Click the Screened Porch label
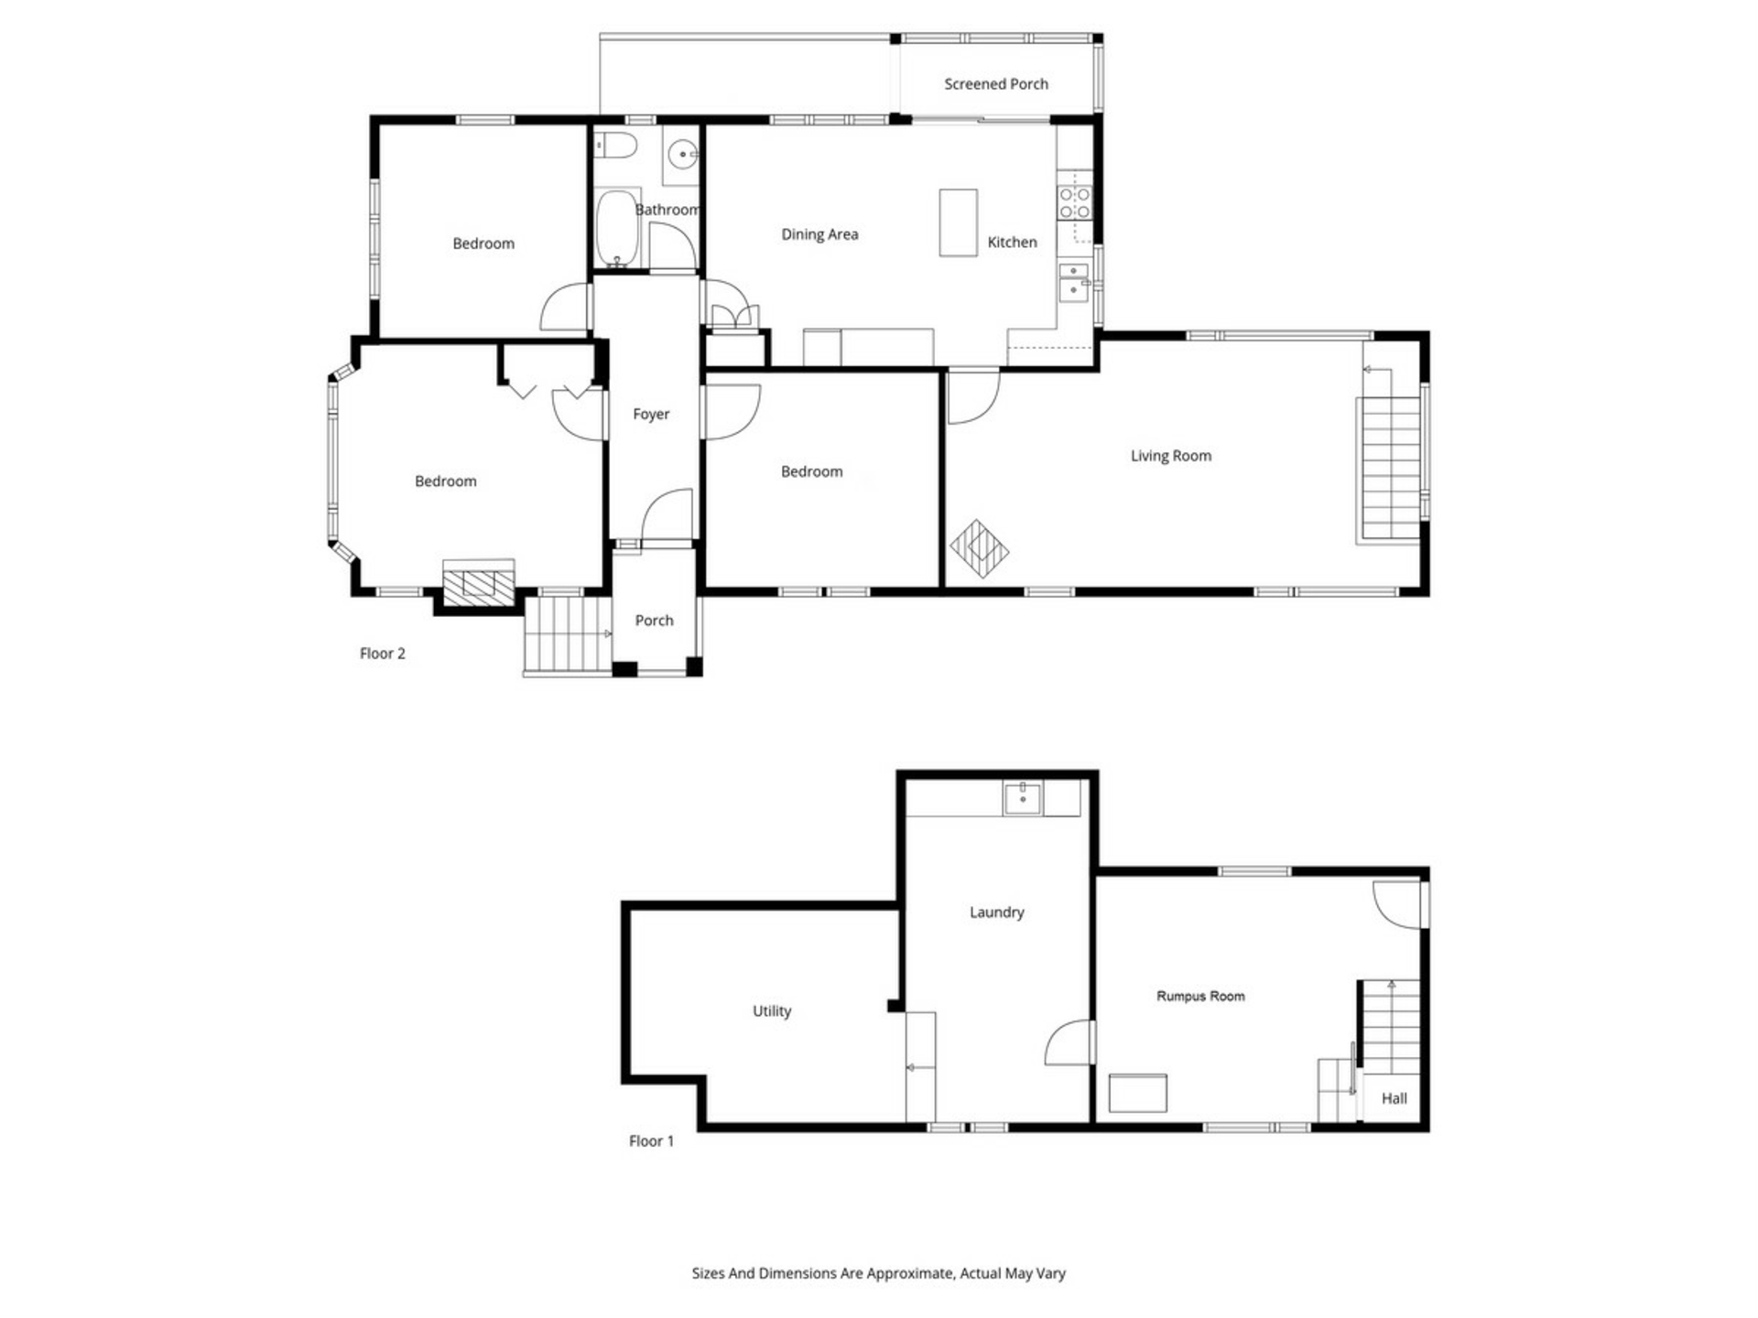click(x=996, y=84)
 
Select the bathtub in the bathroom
click(x=617, y=228)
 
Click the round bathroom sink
click(x=683, y=155)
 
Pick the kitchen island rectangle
click(x=958, y=222)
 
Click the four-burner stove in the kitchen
click(x=1075, y=203)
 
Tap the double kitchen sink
click(x=1074, y=282)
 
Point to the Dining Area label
click(x=819, y=234)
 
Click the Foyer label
click(x=651, y=415)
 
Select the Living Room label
click(x=1171, y=456)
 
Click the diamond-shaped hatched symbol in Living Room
click(x=979, y=549)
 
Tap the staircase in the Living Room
click(x=1390, y=454)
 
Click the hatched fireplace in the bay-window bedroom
click(x=478, y=583)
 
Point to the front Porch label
click(x=654, y=621)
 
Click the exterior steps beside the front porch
click(x=568, y=635)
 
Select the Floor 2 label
click(x=382, y=654)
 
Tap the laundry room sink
click(x=1022, y=798)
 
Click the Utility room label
click(x=772, y=1011)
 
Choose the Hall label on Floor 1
click(x=1394, y=1098)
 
